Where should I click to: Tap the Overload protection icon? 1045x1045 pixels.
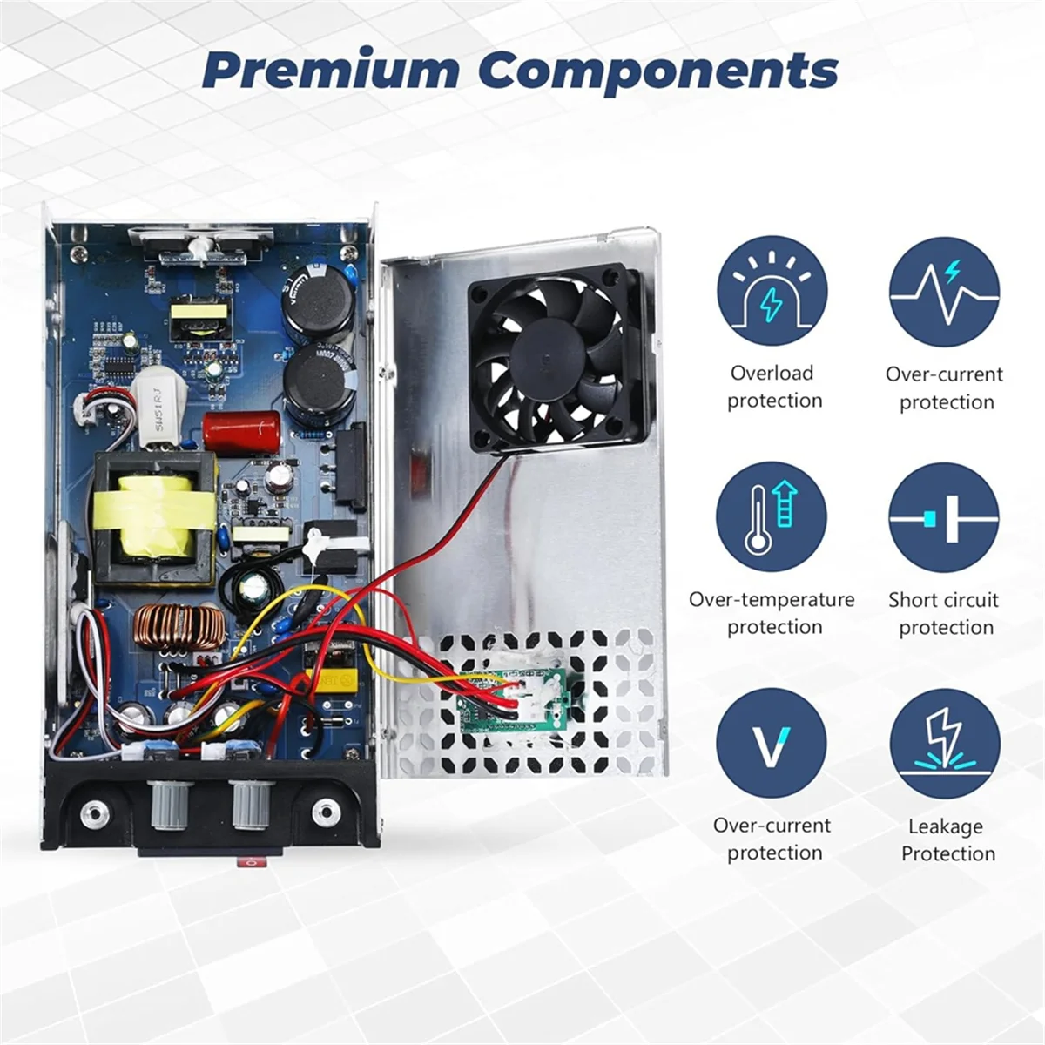coord(772,293)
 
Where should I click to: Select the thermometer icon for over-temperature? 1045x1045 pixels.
coord(772,517)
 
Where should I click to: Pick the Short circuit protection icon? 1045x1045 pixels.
coord(944,517)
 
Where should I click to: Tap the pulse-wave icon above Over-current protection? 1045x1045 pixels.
coord(944,293)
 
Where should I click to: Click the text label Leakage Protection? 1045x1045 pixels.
coord(947,839)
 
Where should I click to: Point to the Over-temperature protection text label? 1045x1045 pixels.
coord(772,613)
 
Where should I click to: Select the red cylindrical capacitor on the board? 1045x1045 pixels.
coord(241,430)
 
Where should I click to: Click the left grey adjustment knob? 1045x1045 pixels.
coord(168,806)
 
